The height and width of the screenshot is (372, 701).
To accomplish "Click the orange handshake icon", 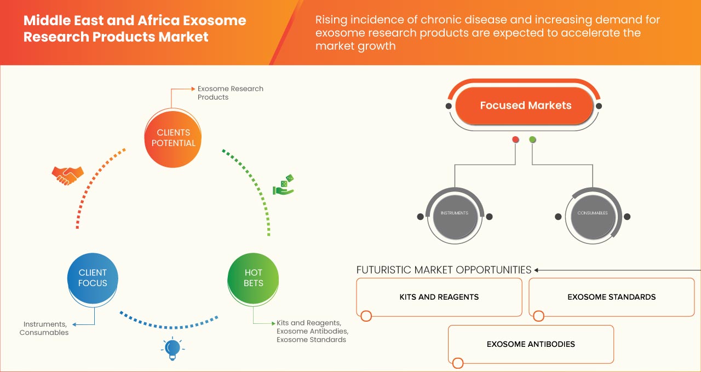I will tap(67, 175).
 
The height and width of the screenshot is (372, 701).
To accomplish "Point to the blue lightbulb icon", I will tap(173, 349).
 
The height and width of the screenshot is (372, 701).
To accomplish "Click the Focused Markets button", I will tap(525, 106).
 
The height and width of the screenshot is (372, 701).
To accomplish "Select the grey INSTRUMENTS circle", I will tap(455, 213).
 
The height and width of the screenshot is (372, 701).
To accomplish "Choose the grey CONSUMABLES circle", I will tap(593, 213).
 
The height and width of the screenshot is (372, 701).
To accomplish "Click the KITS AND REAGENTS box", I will tap(439, 297).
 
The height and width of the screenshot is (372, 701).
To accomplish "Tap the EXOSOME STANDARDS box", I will tap(611, 297).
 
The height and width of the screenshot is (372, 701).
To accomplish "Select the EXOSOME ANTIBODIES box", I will tap(531, 344).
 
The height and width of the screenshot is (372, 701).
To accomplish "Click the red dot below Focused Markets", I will tap(515, 140).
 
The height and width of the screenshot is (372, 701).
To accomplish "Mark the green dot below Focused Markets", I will tap(532, 140).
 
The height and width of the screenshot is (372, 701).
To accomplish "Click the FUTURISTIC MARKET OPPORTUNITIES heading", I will tap(444, 270).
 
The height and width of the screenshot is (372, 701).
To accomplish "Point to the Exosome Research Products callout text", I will tap(230, 92).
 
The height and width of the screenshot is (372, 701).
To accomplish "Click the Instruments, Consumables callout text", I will tap(44, 328).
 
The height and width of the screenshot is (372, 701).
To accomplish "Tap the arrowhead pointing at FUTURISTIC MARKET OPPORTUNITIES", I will tap(537, 270).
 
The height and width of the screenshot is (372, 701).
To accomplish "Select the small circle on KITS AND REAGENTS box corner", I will tap(366, 316).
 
